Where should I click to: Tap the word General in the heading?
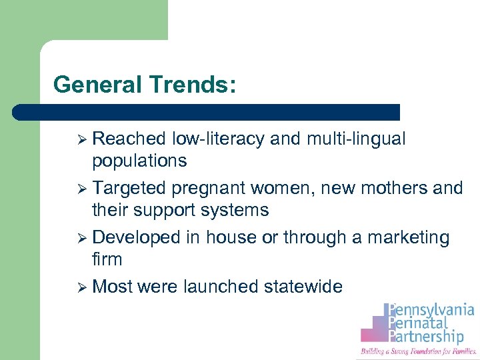pyautogui.click(x=99, y=85)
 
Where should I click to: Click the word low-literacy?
pyautogui.click(x=219, y=139)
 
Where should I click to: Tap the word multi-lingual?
pyautogui.click(x=356, y=139)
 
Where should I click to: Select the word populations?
pyautogui.click(x=139, y=161)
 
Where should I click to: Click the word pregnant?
pyautogui.click(x=206, y=188)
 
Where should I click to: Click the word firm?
pyautogui.click(x=107, y=259)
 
